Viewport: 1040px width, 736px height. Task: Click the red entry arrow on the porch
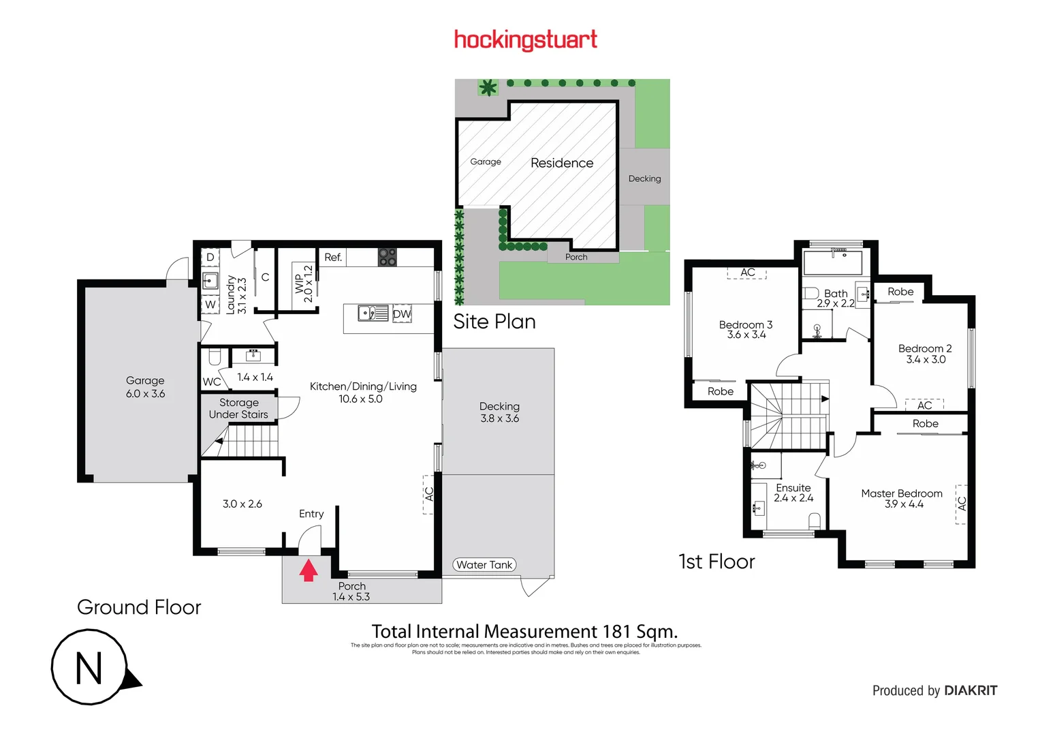[x=309, y=570]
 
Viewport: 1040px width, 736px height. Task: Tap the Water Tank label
[x=484, y=565]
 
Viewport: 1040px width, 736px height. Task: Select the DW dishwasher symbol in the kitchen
[x=402, y=314]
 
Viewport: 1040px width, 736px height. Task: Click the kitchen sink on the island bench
[x=373, y=313]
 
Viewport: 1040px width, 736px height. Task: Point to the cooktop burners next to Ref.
[x=387, y=257]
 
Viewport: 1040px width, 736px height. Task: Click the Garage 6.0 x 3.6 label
[x=145, y=387]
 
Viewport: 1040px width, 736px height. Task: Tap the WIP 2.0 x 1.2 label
[x=303, y=283]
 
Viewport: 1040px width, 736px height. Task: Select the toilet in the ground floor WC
[x=215, y=357]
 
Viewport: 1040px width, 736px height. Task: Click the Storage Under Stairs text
[x=238, y=408]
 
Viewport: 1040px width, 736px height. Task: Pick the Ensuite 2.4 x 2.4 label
[x=793, y=493]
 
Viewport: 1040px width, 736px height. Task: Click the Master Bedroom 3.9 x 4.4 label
[x=902, y=498]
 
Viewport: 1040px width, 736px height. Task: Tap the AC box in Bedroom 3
[x=747, y=273]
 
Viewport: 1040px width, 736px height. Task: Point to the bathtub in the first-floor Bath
[x=832, y=263]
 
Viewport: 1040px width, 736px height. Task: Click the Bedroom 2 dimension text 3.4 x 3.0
[x=925, y=360]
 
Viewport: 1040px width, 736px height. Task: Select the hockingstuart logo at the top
[x=526, y=40]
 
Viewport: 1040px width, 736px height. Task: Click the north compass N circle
[x=89, y=667]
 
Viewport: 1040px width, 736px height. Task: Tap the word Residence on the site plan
[x=562, y=163]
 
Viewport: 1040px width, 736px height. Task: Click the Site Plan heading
[x=494, y=322]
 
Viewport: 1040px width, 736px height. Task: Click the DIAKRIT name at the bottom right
[x=971, y=690]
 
